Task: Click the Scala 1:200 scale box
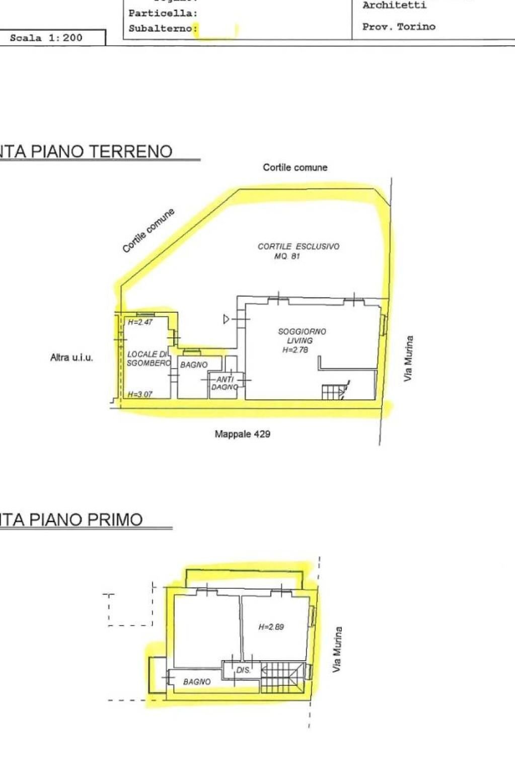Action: (x=46, y=38)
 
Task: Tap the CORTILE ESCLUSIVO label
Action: (x=298, y=246)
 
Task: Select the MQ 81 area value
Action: (x=287, y=256)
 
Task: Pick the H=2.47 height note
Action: (x=140, y=322)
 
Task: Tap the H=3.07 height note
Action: (x=140, y=394)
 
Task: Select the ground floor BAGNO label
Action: (x=194, y=365)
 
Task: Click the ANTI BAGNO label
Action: (x=225, y=383)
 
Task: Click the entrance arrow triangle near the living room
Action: (x=227, y=319)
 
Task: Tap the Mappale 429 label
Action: (x=242, y=434)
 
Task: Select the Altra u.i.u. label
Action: (x=71, y=358)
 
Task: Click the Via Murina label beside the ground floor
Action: (x=409, y=358)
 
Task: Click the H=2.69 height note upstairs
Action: (x=271, y=627)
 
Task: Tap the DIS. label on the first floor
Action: (x=243, y=670)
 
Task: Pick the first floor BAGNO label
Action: (x=197, y=682)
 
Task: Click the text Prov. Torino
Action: (x=399, y=27)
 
